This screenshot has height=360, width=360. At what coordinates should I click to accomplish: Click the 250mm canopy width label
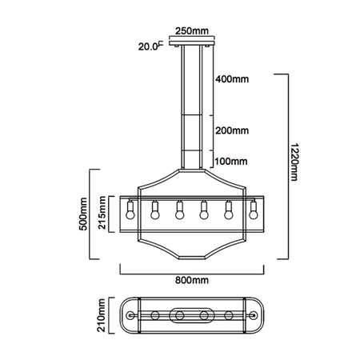pyautogui.click(x=196, y=33)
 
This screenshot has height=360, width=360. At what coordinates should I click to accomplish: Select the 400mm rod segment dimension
pyautogui.click(x=232, y=80)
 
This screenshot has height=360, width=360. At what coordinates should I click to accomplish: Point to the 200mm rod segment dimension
pyautogui.click(x=232, y=130)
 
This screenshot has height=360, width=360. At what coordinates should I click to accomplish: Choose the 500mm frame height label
pyautogui.click(x=82, y=214)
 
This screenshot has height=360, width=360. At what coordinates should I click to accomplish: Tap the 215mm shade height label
pyautogui.click(x=103, y=214)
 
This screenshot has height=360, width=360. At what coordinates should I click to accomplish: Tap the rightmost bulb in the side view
pyautogui.click(x=254, y=212)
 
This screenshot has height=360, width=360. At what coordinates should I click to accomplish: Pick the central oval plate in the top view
pyautogui.click(x=192, y=315)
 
